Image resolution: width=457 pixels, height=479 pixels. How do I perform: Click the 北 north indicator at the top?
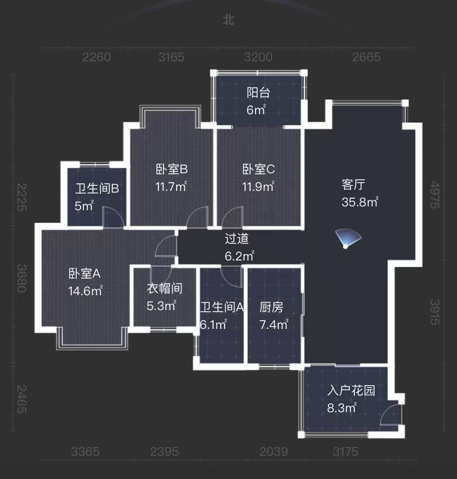(x=228, y=20)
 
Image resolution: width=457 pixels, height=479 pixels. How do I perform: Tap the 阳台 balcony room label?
(x=258, y=93)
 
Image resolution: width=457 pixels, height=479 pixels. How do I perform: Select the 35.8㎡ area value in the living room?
(x=359, y=203)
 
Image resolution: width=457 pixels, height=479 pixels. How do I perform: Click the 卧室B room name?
(x=172, y=169)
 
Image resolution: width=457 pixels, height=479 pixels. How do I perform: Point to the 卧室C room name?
(x=258, y=169)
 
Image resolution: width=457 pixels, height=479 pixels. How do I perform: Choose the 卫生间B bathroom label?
(x=97, y=189)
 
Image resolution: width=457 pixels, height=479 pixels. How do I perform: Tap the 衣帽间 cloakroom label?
(x=164, y=288)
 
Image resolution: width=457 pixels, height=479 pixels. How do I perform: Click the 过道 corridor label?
(x=237, y=239)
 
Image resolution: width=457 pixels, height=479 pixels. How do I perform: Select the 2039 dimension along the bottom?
(x=274, y=452)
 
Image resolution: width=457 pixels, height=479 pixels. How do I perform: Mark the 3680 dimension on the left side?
(x=22, y=279)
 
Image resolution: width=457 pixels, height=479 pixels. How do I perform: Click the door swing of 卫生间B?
(x=112, y=217)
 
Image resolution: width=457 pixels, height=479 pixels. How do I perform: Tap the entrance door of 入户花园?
(x=391, y=415)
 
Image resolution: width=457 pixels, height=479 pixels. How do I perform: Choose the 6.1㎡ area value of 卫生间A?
(x=213, y=325)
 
